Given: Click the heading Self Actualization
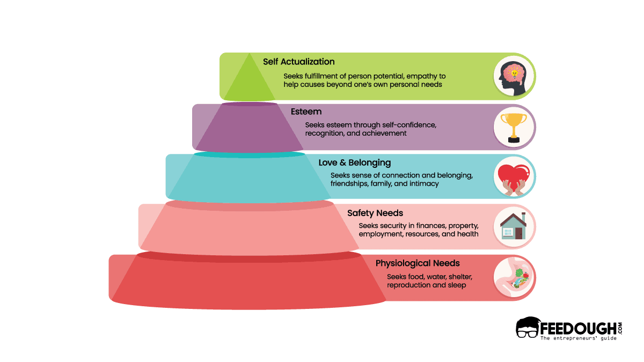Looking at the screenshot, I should click(x=298, y=62).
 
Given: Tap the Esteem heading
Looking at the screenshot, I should click(x=306, y=112).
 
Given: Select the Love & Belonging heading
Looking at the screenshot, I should click(x=355, y=162).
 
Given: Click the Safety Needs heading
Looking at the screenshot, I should click(x=375, y=213).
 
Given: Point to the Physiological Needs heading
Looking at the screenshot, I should click(x=418, y=263).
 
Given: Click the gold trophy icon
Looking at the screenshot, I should click(x=514, y=127).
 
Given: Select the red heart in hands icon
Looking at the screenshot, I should click(x=514, y=177).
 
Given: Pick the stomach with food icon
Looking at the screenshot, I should click(x=514, y=276).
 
